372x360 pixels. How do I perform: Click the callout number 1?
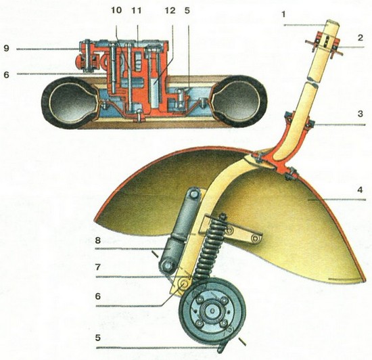pos(283,14)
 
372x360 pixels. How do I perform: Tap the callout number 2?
pos(360,37)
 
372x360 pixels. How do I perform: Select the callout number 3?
pos(361,114)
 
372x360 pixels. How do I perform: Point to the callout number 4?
pos(361,190)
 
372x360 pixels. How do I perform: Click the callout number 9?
pos(6,48)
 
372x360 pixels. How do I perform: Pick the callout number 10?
pos(116,10)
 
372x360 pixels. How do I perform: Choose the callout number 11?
pos(137,10)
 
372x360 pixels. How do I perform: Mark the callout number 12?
pos(170,10)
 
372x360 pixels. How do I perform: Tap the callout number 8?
pos(98,240)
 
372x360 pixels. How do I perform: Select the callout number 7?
pos(98,267)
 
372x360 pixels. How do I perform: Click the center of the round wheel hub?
pos(212,311)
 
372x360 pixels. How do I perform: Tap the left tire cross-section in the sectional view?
pos(70,102)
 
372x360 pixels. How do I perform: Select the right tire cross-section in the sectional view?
pos(239,102)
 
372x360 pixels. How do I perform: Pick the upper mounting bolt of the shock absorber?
pos(195,195)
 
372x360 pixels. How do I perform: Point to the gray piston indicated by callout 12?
pos(155,93)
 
